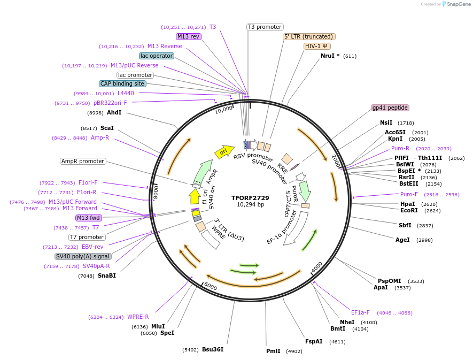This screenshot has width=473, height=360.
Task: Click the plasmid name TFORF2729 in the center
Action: click(250, 197)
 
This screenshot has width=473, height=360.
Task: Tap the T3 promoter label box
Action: click(265, 27)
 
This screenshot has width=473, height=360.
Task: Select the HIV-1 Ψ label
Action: click(317, 46)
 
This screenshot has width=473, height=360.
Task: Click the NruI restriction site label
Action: click(330, 56)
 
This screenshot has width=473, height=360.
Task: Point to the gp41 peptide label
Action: click(390, 108)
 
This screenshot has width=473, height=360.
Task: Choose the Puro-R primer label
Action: click(400, 148)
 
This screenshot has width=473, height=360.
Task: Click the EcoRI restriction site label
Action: click(409, 210)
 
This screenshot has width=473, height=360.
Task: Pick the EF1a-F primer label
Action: click(360, 312)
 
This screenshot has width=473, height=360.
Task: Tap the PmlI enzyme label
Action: click(273, 351)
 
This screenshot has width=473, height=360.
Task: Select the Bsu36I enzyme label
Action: click(213, 349)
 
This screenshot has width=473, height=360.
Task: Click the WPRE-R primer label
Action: click(138, 317)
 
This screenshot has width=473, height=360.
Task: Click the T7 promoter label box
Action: click(87, 237)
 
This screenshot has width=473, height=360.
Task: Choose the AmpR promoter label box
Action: click(83, 161)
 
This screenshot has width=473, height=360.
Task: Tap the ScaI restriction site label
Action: click(107, 128)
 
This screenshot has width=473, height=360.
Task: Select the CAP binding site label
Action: click(122, 83)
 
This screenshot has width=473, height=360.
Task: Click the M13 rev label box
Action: click(188, 36)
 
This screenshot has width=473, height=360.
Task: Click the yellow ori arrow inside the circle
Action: click(224, 151)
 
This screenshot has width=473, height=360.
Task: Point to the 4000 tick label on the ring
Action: click(317, 266)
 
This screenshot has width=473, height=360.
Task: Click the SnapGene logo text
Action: click(459, 4)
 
